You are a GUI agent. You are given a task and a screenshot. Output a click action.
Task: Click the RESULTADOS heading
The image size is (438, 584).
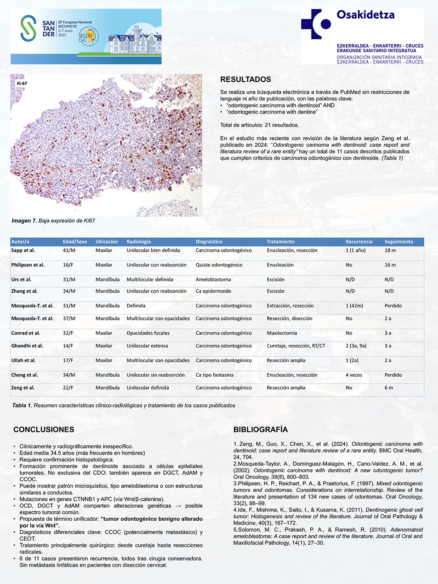point(245,79)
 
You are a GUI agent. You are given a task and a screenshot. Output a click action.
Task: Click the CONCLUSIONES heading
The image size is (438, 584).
point(44,429)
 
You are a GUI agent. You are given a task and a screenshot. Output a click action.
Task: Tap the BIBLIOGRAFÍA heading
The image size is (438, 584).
point(260,429)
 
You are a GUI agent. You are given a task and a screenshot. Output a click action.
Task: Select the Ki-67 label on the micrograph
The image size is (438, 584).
point(22,84)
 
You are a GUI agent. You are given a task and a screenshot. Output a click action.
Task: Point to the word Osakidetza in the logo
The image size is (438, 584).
point(365,15)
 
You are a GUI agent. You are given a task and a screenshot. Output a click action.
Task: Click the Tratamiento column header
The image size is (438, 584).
point(281,242)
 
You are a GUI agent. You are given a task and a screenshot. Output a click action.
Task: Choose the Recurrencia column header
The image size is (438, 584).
point(359,242)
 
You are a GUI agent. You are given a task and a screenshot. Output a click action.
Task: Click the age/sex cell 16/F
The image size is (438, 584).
point(68,265)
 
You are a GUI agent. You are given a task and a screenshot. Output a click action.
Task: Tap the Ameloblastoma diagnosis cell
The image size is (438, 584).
point(213,279)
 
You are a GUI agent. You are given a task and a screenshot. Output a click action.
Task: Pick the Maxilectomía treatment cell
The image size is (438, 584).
point(282,333)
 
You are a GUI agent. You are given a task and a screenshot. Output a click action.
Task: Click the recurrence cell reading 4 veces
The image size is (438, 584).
point(354,375)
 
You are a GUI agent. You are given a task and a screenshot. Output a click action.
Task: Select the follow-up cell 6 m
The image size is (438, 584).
point(389,388)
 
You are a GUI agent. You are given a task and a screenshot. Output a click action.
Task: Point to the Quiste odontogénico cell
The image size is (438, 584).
point(219,265)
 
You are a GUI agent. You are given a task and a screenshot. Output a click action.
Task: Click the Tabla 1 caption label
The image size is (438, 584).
point(22,405)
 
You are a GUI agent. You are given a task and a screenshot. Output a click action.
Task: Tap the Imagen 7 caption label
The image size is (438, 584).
point(24,221)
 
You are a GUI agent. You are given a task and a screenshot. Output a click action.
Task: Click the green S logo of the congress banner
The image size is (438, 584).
point(28,28)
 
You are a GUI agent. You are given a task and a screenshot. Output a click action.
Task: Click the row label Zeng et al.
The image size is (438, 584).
point(23,388)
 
